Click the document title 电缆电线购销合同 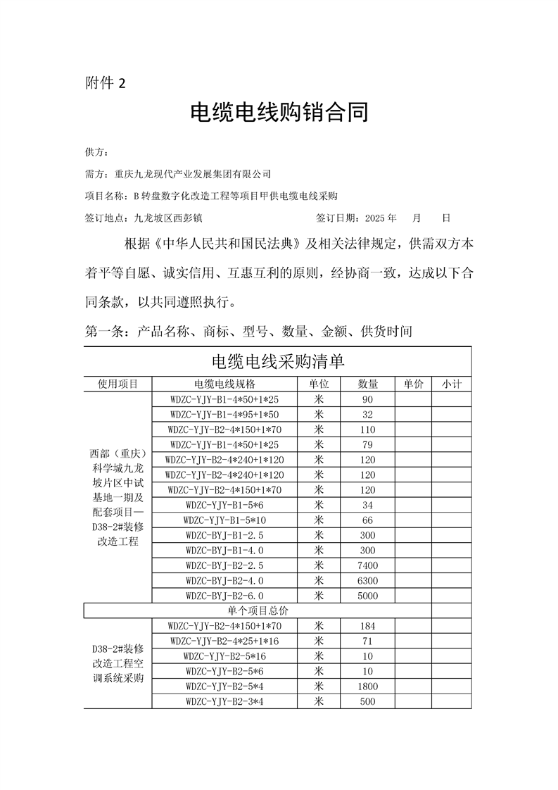(x=279, y=113)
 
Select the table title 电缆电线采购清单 (x=278, y=362)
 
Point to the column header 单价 (x=413, y=384)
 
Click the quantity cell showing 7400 (x=368, y=565)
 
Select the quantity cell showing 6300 (x=368, y=581)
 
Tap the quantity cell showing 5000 (x=368, y=596)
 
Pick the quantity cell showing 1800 (x=368, y=686)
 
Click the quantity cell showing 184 (x=368, y=626)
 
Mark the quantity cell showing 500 (x=368, y=701)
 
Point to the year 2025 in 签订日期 (x=372, y=218)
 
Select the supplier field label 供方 (x=96, y=152)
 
